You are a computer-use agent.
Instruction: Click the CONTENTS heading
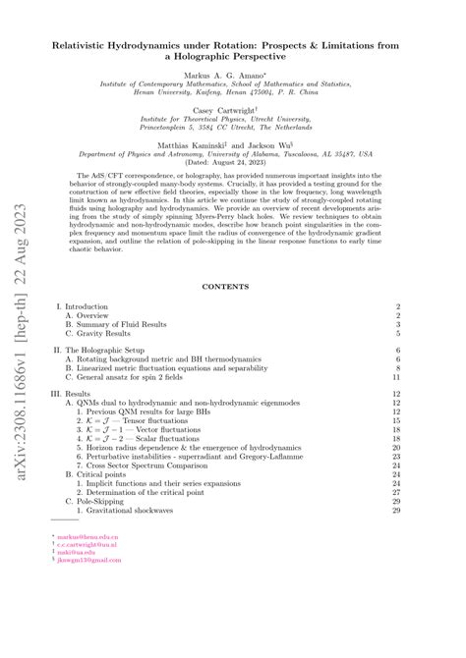233,287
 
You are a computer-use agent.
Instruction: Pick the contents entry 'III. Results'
80,392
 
